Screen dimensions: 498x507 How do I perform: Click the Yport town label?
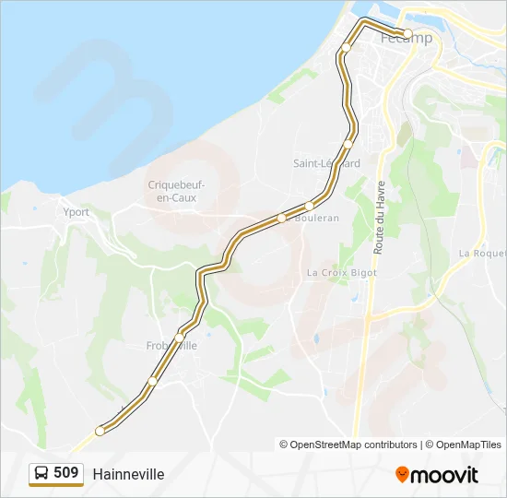(x=77, y=212)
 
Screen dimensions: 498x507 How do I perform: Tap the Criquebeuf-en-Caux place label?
(x=176, y=191)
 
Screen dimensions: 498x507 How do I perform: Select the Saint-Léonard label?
(x=325, y=163)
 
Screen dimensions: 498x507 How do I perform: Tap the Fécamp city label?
(x=407, y=39)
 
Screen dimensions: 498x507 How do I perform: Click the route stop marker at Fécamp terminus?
(x=407, y=33)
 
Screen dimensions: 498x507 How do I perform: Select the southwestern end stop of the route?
(x=100, y=431)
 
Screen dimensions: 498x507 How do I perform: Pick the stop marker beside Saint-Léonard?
(x=348, y=145)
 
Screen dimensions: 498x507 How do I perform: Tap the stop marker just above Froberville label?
(x=180, y=337)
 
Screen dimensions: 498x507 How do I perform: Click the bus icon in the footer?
(x=42, y=473)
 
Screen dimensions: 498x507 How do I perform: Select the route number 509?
(x=66, y=473)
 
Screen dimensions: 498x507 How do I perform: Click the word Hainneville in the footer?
(x=128, y=474)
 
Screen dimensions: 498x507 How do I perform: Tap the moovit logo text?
(x=444, y=475)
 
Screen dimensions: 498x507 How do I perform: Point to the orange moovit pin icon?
(x=402, y=474)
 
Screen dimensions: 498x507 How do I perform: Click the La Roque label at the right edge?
(x=482, y=253)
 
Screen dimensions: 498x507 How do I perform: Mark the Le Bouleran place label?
(x=314, y=218)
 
